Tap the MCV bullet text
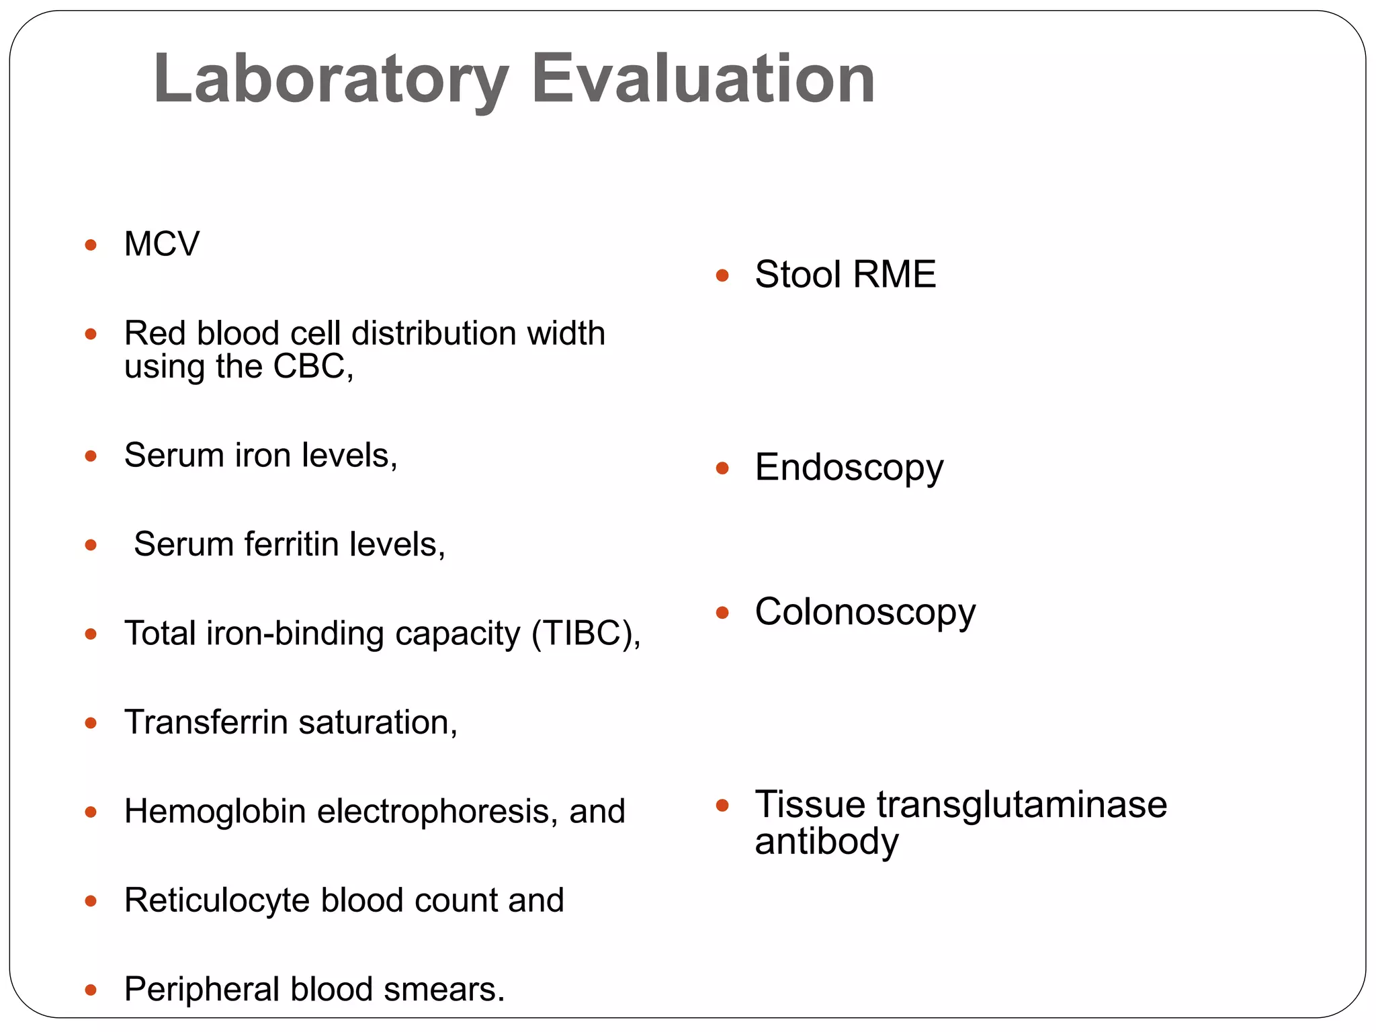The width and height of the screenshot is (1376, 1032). pos(162,244)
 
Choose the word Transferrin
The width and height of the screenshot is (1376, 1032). pos(206,723)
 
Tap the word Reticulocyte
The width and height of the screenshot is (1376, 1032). pos(217,901)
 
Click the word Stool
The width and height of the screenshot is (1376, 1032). pos(798,275)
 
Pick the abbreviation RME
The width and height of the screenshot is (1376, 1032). pos(894,275)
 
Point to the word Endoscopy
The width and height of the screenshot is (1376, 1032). pos(849,468)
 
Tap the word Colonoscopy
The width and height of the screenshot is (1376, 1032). pos(865,613)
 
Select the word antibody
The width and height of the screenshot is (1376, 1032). pos(826,842)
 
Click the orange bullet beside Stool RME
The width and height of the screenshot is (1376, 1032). pos(723,275)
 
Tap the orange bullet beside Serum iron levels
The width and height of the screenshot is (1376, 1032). pos(91,456)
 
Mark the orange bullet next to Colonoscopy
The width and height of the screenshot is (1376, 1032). pos(723,613)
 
